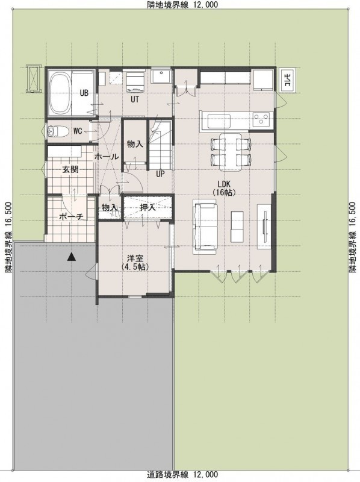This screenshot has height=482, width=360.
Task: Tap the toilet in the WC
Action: point(58,131)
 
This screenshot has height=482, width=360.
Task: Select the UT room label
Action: point(135,99)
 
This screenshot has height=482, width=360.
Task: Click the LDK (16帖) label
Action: point(224,189)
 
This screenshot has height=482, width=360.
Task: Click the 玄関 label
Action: point(70,169)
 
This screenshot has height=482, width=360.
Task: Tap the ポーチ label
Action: point(71,217)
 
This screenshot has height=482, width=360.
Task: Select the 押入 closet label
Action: point(147,207)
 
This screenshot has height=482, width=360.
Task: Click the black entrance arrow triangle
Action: point(71,257)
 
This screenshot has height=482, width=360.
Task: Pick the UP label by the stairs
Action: point(160,174)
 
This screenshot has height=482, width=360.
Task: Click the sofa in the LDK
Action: point(204,227)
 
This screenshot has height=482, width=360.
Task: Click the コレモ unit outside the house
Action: point(288,81)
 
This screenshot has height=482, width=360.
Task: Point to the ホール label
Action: point(107,157)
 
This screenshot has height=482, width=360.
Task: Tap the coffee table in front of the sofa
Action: point(237,227)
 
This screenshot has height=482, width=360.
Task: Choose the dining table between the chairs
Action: point(231,152)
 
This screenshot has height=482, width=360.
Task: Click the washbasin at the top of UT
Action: point(161,77)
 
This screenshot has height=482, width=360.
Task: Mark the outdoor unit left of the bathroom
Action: point(33,78)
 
